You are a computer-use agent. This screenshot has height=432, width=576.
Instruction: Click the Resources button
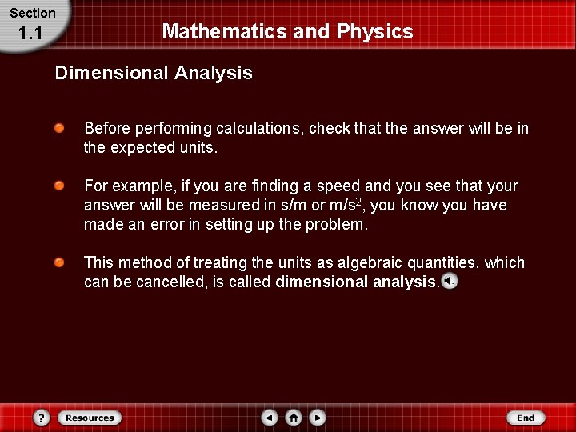tap(90, 418)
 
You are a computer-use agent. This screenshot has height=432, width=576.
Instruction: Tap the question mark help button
tap(42, 418)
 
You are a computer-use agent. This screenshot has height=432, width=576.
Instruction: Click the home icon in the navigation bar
tap(294, 418)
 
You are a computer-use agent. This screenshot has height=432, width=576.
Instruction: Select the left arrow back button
tap(270, 418)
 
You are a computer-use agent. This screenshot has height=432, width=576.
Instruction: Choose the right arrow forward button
tap(318, 418)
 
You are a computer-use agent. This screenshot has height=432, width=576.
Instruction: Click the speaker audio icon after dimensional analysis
tap(450, 282)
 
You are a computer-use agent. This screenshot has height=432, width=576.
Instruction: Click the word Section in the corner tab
tap(32, 13)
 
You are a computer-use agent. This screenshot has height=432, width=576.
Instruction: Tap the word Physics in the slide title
tap(374, 32)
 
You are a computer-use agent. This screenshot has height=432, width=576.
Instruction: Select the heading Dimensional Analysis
tap(153, 74)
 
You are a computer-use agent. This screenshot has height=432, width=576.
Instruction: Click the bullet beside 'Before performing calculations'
tap(60, 128)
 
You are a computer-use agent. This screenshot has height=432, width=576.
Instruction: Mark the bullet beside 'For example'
tap(60, 186)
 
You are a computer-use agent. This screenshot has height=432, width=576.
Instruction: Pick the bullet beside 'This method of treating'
tap(60, 262)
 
